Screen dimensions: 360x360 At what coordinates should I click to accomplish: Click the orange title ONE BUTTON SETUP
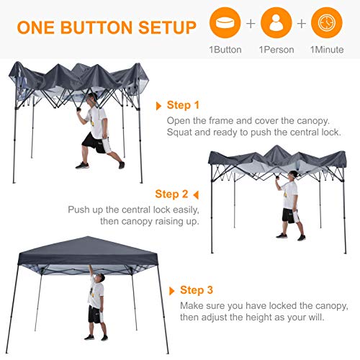point(107,28)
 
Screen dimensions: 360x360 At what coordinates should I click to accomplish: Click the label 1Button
point(225,50)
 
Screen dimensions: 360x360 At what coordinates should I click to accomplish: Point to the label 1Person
point(276,50)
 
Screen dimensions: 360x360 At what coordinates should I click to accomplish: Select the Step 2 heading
point(171,194)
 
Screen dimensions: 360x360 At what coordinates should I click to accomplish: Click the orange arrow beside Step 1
point(159,105)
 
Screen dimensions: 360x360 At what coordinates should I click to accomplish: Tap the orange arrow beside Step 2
point(195,194)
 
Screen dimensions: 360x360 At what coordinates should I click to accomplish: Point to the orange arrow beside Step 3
point(171,291)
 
